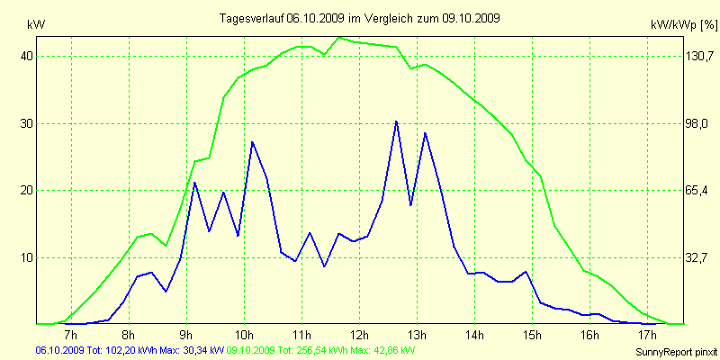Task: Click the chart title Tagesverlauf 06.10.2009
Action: pyautogui.click(x=360, y=18)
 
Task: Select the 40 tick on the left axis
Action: pyautogui.click(x=27, y=56)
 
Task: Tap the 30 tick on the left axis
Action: pyautogui.click(x=27, y=123)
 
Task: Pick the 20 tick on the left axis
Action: pyautogui.click(x=27, y=190)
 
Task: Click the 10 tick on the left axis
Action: pyautogui.click(x=27, y=257)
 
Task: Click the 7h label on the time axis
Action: pyautogui.click(x=72, y=335)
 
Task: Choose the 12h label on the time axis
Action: pyautogui.click(x=359, y=335)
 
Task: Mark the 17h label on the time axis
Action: pyautogui.click(x=647, y=335)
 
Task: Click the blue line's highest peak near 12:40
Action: pyautogui.click(x=396, y=121)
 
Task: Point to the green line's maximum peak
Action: pyautogui.click(x=338, y=38)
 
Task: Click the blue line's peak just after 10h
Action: pyautogui.click(x=252, y=142)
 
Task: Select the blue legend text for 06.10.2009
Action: pyautogui.click(x=130, y=349)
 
